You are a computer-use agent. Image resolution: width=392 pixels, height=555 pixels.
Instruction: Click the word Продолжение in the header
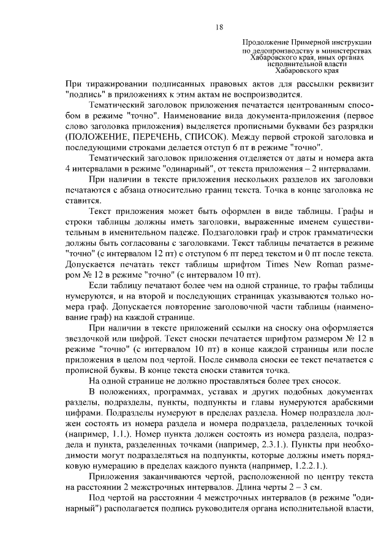[264, 40]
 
